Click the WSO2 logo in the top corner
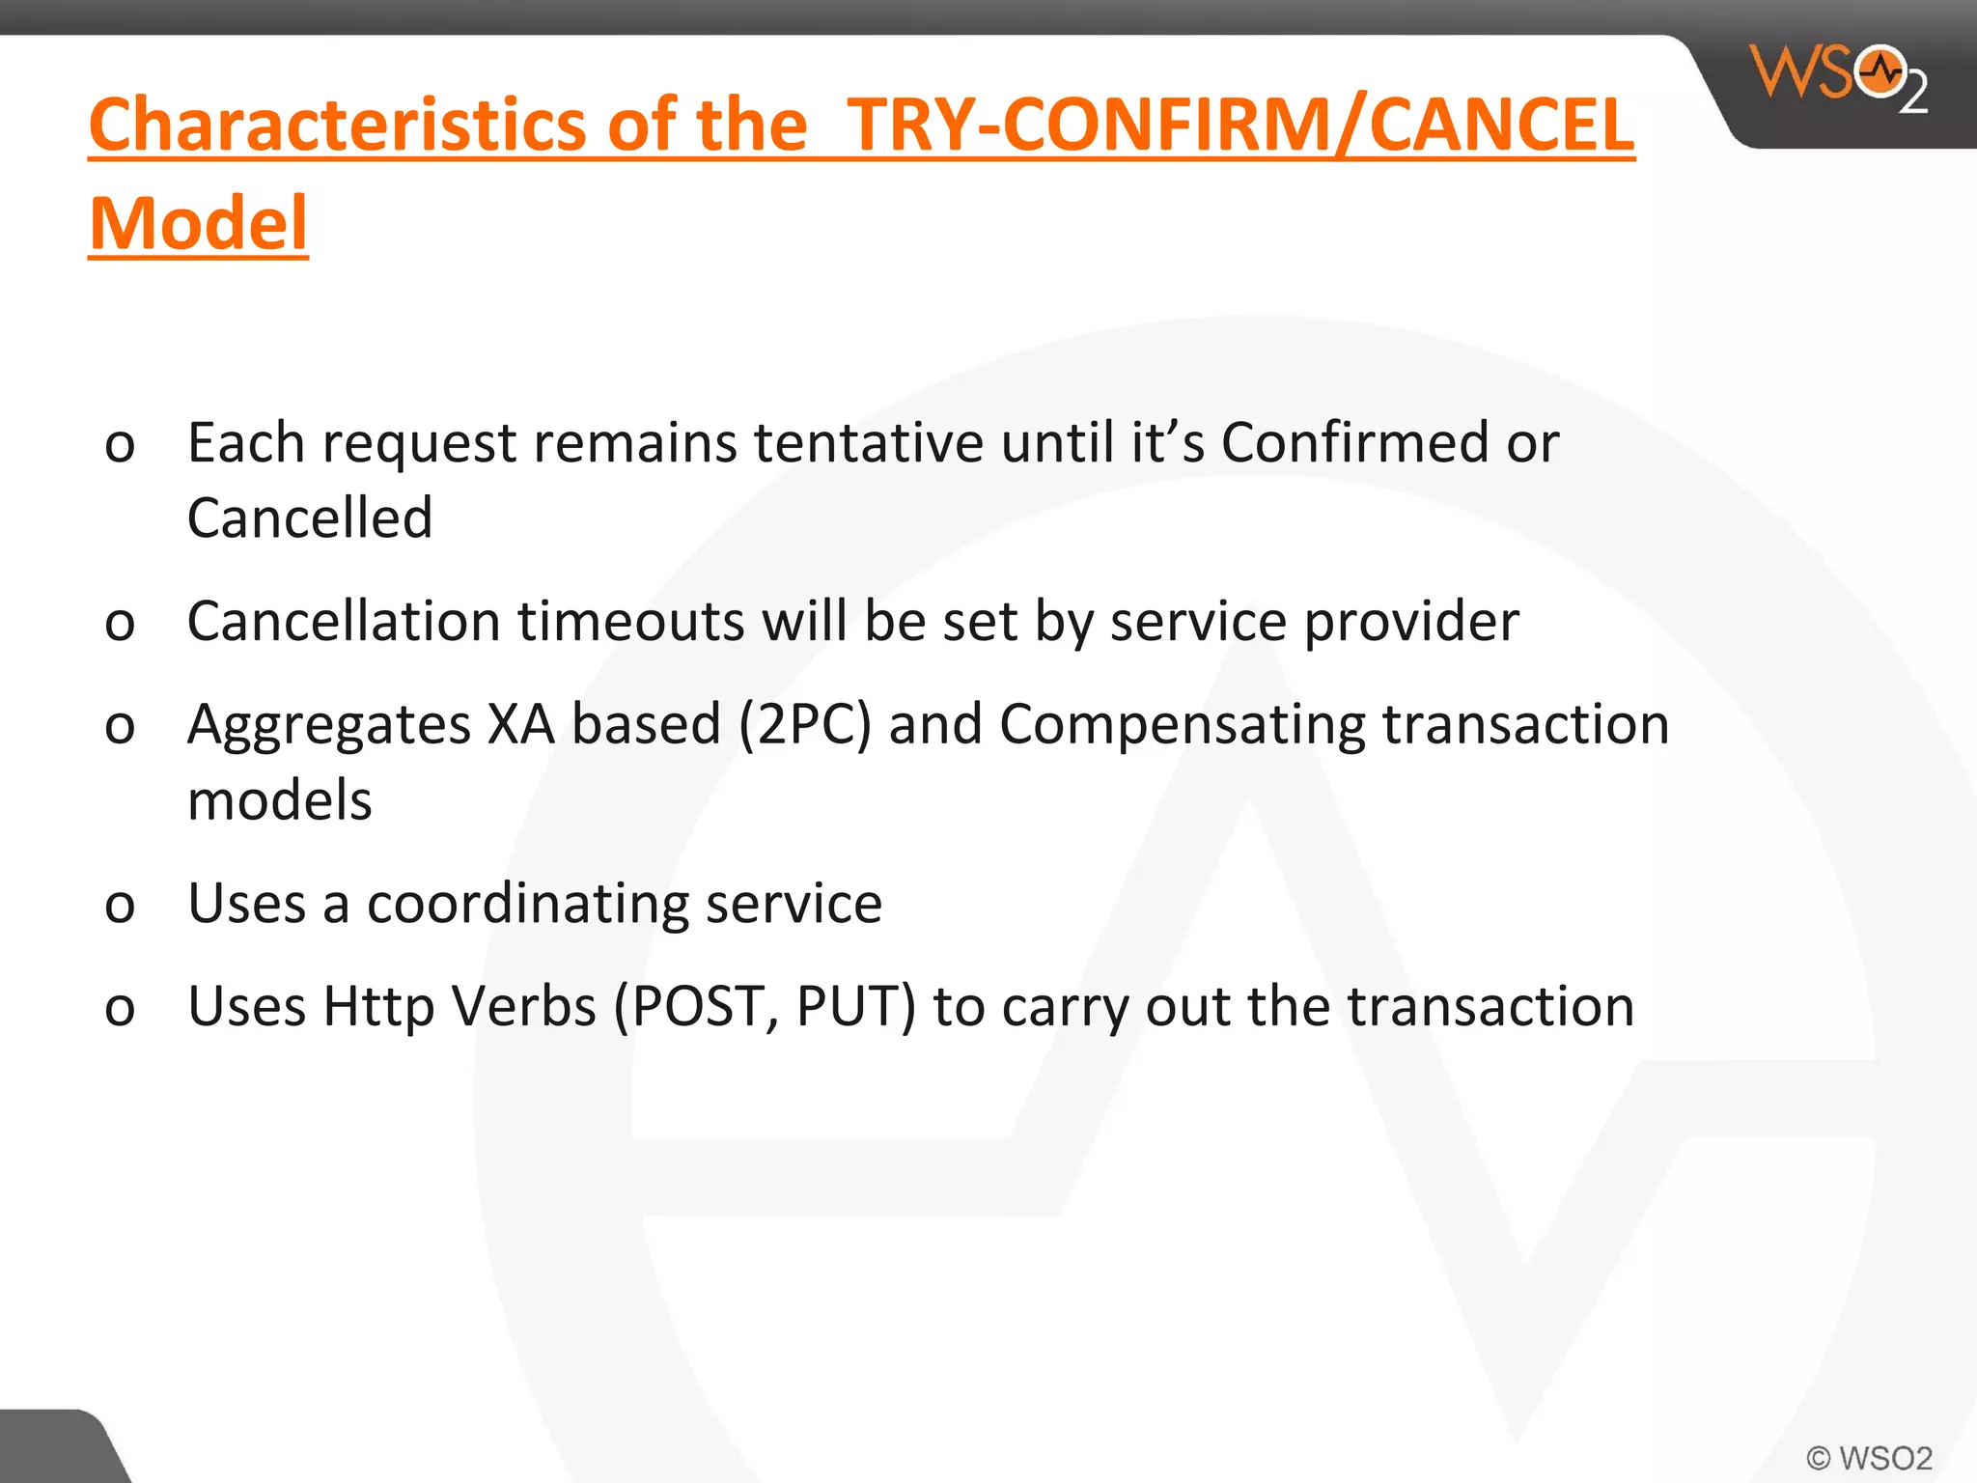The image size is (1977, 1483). (x=1840, y=77)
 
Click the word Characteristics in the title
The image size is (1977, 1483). (x=338, y=125)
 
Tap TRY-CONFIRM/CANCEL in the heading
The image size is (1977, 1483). (x=1240, y=125)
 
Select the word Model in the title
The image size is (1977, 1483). (x=199, y=224)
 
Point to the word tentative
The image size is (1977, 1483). (x=869, y=443)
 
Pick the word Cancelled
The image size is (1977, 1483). (x=310, y=518)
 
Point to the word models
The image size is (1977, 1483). (x=280, y=800)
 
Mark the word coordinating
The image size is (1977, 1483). (x=527, y=905)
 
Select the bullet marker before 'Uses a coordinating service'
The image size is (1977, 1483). (x=120, y=906)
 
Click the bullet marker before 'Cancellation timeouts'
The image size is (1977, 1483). (x=120, y=623)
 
